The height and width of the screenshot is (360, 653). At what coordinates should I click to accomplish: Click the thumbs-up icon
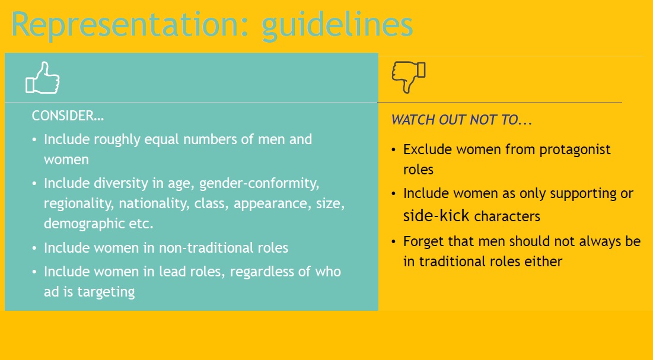click(43, 78)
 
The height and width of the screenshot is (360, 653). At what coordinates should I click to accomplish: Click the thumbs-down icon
click(409, 77)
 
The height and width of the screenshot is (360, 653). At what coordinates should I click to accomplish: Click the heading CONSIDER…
click(68, 116)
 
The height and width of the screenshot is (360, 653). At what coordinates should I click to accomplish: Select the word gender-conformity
click(259, 184)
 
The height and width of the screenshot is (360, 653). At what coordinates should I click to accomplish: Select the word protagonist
click(575, 150)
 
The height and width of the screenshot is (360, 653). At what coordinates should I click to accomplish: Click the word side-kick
click(436, 216)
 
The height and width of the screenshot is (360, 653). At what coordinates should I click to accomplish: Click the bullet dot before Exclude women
click(394, 149)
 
